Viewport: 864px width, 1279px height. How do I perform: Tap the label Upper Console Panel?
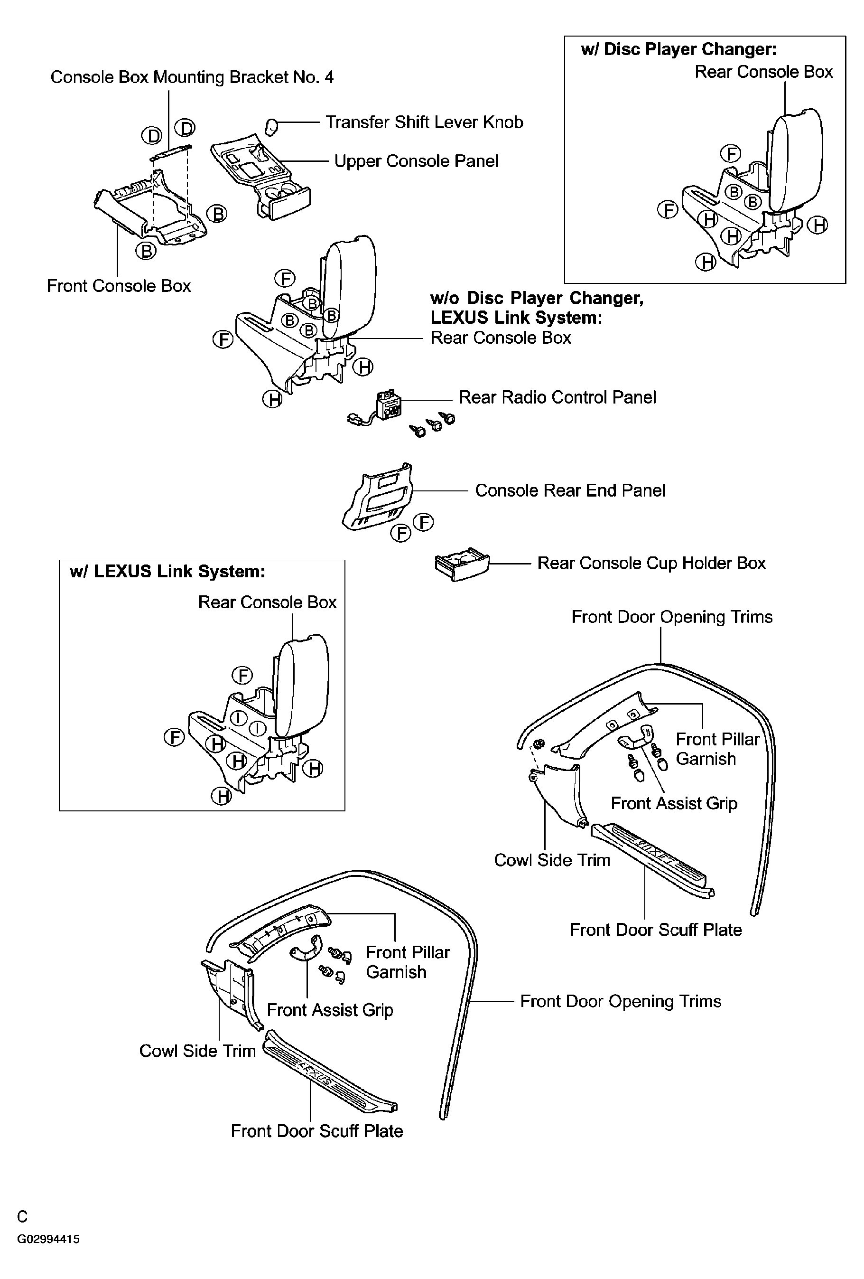[x=416, y=161]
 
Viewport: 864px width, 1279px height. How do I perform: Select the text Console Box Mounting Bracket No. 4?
[x=192, y=77]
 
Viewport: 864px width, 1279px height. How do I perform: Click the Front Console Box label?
[x=119, y=286]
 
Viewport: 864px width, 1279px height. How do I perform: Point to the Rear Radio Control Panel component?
[x=388, y=407]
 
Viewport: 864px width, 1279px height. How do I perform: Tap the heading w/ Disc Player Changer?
[x=678, y=49]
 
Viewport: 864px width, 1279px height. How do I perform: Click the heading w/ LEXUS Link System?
[x=167, y=572]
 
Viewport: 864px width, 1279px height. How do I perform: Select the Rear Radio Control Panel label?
[x=557, y=397]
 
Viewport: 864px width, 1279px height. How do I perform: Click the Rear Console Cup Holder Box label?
[x=651, y=564]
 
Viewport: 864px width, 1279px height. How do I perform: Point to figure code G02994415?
[x=48, y=1240]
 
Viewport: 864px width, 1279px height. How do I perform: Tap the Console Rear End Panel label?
[x=570, y=490]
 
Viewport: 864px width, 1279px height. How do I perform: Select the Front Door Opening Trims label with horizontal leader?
[x=621, y=1001]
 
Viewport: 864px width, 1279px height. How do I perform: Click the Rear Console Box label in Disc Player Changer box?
[x=763, y=72]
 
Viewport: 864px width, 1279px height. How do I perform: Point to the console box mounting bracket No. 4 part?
[x=170, y=152]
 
